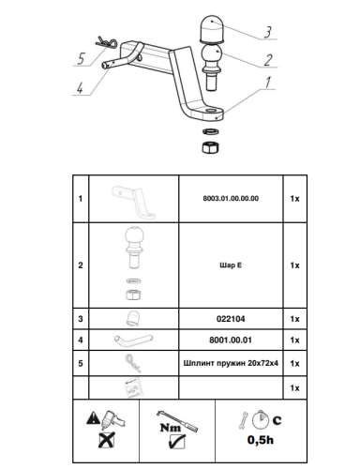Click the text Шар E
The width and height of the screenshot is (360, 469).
coord(230,265)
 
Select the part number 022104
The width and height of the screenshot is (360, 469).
coord(230,318)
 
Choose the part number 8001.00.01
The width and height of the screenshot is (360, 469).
coord(230,339)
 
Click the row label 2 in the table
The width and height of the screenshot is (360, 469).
coord(80,265)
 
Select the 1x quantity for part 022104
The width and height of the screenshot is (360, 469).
coord(294,318)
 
